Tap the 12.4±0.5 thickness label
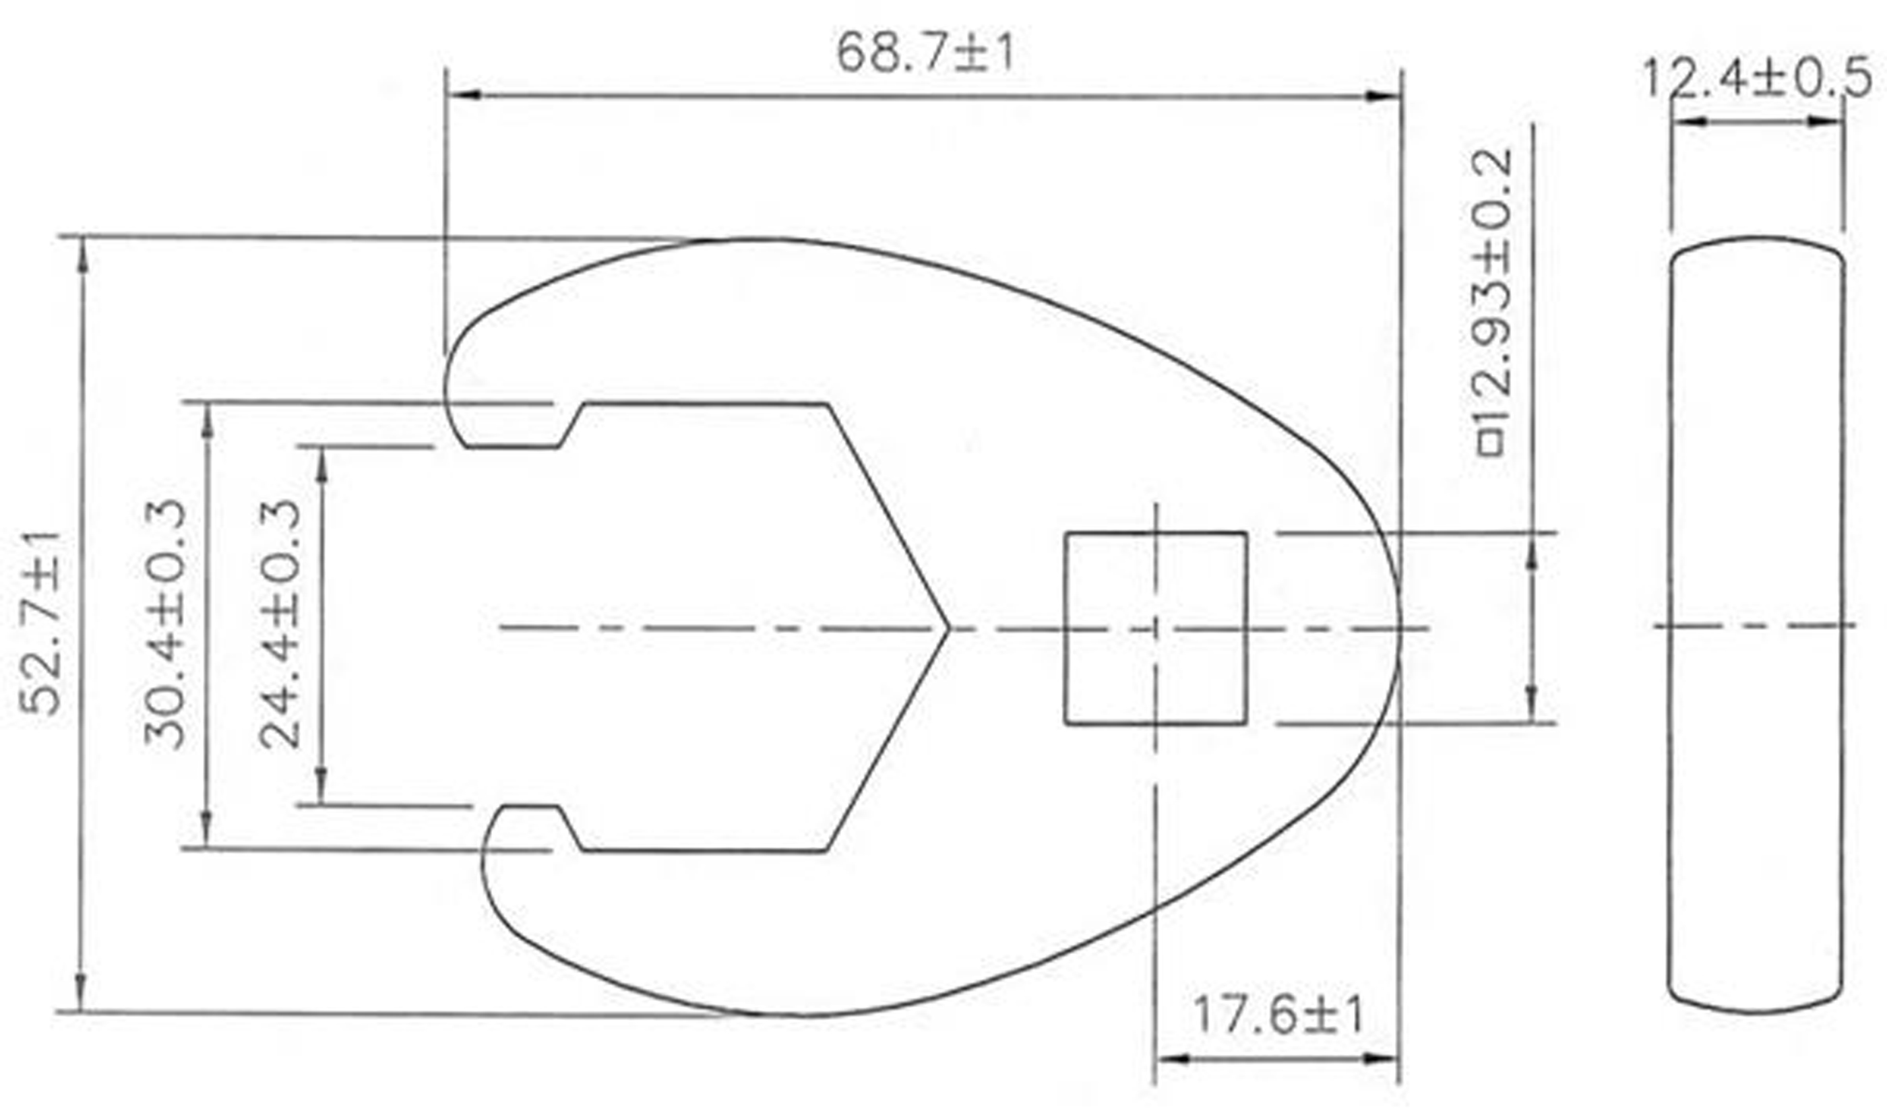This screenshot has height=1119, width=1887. point(1755,78)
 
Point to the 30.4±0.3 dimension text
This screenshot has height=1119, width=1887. point(164,625)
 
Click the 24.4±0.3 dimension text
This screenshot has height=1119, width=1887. point(280,625)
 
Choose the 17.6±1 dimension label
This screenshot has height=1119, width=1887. point(1278,1017)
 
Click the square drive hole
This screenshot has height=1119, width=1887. point(1154,628)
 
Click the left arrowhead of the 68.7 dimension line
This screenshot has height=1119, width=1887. point(462,96)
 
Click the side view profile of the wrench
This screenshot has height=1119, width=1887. point(1756,626)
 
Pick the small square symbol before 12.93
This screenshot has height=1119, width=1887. point(1490,443)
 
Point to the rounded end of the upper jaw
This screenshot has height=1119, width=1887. point(452,392)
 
